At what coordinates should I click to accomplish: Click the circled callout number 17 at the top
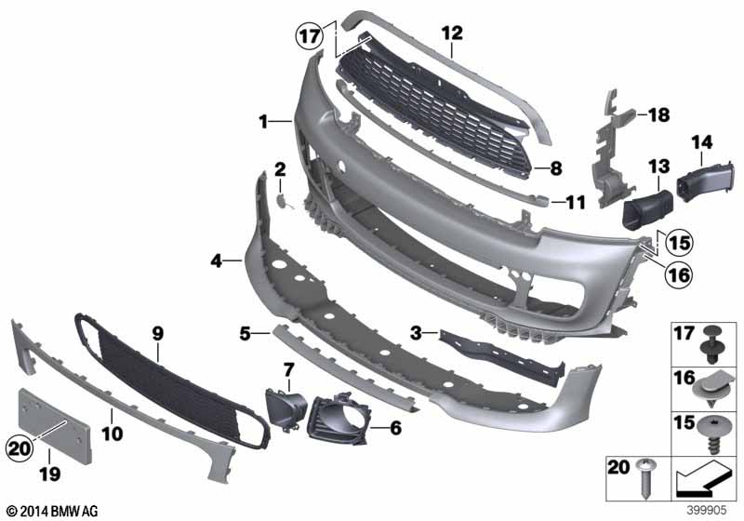tap(310, 35)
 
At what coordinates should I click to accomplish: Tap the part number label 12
tap(452, 33)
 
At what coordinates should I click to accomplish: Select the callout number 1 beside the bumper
tap(263, 122)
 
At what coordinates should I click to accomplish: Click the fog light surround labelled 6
tap(337, 417)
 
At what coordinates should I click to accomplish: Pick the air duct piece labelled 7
tap(286, 409)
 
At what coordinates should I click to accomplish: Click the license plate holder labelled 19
tap(55, 425)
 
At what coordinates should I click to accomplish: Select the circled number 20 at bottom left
tap(20, 448)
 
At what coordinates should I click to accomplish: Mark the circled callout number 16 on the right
tap(679, 274)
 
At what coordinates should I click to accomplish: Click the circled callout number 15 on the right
tap(679, 243)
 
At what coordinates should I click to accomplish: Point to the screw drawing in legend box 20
tap(644, 478)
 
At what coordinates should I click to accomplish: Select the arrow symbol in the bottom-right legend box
tap(704, 479)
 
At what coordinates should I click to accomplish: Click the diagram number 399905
tap(707, 510)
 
